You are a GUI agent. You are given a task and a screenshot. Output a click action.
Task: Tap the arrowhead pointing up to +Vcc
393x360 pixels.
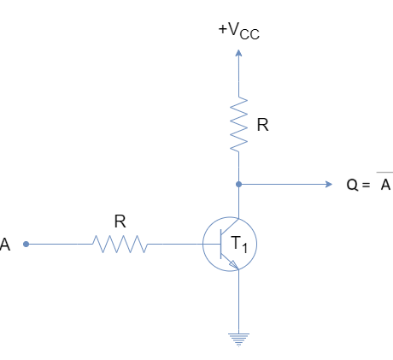click(238, 53)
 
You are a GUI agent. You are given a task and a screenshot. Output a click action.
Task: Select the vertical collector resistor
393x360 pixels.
click(238, 124)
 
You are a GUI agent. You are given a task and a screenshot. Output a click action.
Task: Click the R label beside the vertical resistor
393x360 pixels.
click(262, 125)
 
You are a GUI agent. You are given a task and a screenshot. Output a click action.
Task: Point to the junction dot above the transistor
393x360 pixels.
click(238, 185)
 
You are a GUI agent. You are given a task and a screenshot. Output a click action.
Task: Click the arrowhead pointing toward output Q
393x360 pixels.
click(329, 185)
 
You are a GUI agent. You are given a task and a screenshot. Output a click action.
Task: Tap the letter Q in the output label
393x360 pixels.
click(352, 185)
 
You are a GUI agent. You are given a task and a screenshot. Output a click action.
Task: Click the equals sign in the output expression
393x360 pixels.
click(367, 185)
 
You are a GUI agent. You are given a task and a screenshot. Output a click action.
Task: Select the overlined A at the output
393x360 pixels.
click(385, 183)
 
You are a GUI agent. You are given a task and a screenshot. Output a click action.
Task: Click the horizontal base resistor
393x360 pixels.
click(120, 244)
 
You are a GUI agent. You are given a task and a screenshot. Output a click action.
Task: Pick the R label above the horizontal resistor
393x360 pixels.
click(120, 221)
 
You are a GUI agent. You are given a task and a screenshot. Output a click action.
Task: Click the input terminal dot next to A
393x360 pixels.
click(26, 244)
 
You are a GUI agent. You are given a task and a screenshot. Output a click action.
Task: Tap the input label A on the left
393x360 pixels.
click(5, 245)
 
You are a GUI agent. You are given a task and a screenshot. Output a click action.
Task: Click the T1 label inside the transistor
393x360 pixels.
click(239, 245)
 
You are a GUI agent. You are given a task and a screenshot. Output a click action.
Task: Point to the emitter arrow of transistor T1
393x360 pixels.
click(234, 264)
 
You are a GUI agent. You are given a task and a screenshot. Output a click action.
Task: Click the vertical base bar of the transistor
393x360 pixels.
click(221, 244)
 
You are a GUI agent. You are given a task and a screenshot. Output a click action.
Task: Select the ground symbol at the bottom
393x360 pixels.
click(238, 339)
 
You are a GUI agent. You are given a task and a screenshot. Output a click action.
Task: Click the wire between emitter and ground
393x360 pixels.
click(238, 301)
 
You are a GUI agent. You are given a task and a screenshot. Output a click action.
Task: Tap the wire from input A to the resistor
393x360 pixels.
click(59, 244)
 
